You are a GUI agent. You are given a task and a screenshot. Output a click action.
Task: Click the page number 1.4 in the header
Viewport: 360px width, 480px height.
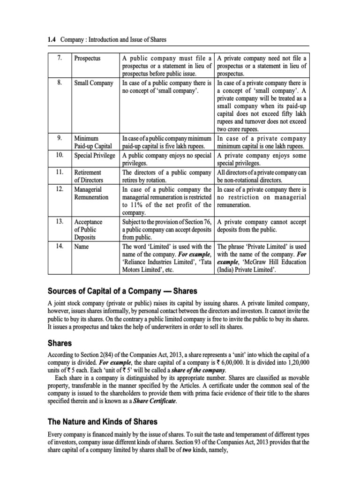tap(53, 39)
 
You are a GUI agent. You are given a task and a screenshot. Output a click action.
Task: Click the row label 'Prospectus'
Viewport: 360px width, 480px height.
tap(87, 59)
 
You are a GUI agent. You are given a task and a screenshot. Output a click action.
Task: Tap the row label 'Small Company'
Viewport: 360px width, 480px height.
tap(94, 83)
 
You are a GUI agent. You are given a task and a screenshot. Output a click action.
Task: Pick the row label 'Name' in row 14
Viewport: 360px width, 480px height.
tap(82, 246)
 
